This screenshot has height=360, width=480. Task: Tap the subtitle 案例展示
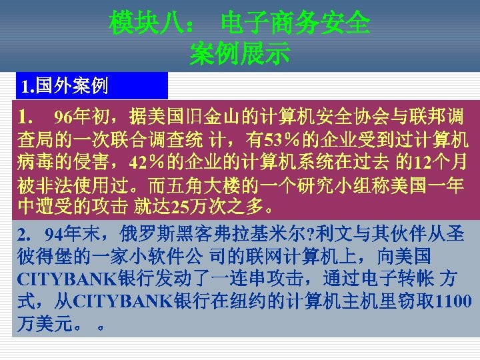click(239, 54)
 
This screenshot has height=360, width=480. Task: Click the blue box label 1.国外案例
click(65, 85)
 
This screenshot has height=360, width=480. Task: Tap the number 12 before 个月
click(421, 163)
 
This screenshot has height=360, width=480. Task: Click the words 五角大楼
click(200, 185)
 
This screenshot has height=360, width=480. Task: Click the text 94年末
click(70, 235)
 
